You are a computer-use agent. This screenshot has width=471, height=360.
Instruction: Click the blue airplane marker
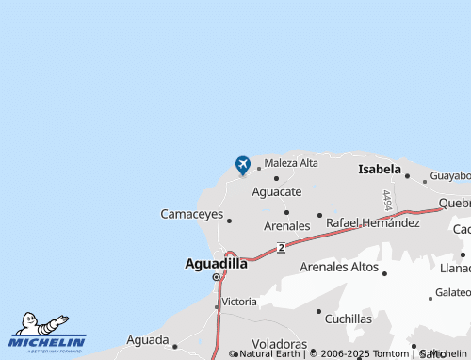click(x=243, y=165)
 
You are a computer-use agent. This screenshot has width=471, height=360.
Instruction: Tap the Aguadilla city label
click(x=216, y=264)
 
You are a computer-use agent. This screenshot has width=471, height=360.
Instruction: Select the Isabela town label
click(x=379, y=170)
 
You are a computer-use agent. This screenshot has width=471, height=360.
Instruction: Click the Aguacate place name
click(x=277, y=191)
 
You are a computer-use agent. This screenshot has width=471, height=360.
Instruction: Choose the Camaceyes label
click(x=192, y=215)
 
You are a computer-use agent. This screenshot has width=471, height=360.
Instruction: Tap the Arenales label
click(x=286, y=226)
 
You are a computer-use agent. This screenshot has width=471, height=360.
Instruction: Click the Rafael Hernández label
click(x=373, y=223)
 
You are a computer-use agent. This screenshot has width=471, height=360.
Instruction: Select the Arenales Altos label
click(x=338, y=268)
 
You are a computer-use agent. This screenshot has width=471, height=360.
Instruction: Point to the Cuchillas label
click(x=349, y=319)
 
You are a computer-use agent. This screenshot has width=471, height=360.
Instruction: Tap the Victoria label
click(x=238, y=302)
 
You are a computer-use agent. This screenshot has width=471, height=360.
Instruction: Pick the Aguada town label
click(x=147, y=339)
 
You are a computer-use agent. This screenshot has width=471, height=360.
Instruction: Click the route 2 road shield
click(x=282, y=248)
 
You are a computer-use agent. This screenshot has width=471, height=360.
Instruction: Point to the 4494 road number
click(x=387, y=201)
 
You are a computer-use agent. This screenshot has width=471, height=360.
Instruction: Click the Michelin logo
click(x=47, y=332)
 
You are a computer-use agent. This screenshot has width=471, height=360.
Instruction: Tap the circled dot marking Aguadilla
click(x=216, y=278)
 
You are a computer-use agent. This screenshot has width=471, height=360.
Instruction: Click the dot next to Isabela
click(x=407, y=174)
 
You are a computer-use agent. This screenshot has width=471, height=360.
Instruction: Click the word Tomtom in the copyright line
click(x=391, y=353)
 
